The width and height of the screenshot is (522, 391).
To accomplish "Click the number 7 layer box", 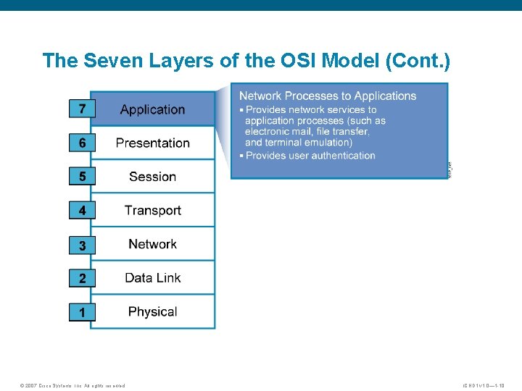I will pyautogui.click(x=82, y=109).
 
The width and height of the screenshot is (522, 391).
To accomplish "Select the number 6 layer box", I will pyautogui.click(x=82, y=143).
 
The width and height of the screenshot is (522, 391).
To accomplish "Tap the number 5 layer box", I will pyautogui.click(x=82, y=177).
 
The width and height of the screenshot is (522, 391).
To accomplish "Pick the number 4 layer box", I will pyautogui.click(x=82, y=211).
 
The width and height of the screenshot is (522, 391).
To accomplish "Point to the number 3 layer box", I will pyautogui.click(x=82, y=245).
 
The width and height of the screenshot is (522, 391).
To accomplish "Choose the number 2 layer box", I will pyautogui.click(x=82, y=279).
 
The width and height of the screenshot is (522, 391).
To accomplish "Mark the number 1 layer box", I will pyautogui.click(x=82, y=313).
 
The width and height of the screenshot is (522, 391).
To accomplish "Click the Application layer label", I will pyautogui.click(x=152, y=109).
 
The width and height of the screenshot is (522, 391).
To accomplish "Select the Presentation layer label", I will pyautogui.click(x=152, y=143).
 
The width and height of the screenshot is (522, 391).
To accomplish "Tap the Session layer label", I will pyautogui.click(x=152, y=177).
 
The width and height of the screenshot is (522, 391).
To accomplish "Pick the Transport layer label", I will pyautogui.click(x=152, y=211).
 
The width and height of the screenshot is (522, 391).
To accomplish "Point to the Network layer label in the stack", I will pyautogui.click(x=152, y=244).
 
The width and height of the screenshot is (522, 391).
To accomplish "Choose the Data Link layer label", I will pyautogui.click(x=152, y=278).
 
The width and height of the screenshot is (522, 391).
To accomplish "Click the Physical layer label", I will pyautogui.click(x=152, y=312).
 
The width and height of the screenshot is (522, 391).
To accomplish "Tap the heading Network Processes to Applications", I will pyautogui.click(x=328, y=96).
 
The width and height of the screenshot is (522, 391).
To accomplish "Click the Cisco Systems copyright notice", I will pyautogui.click(x=72, y=385).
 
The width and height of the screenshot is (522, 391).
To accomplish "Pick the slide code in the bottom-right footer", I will pyautogui.click(x=491, y=385).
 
